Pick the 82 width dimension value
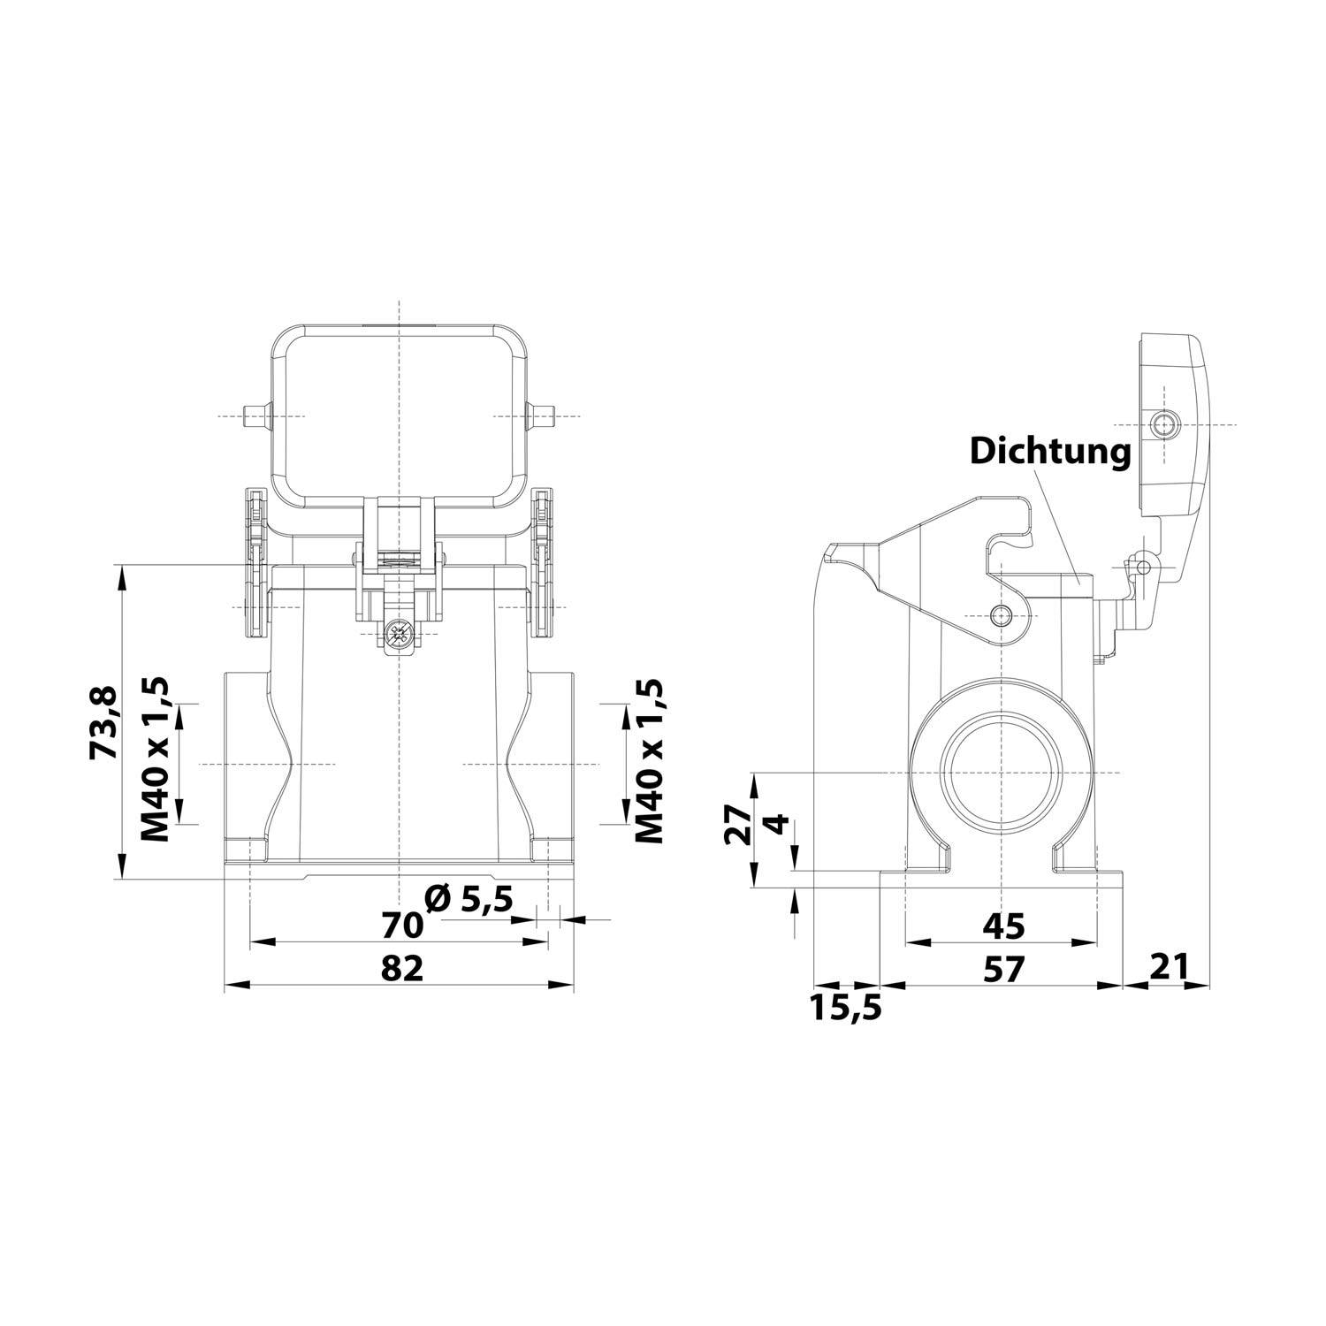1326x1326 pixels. (402, 968)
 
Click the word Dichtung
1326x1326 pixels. (1050, 451)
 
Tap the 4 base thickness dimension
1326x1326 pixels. (775, 825)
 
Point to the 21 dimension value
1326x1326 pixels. (1168, 967)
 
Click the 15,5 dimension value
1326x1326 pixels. (847, 1007)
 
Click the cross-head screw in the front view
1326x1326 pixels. (400, 633)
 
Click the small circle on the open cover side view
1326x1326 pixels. (1166, 426)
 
